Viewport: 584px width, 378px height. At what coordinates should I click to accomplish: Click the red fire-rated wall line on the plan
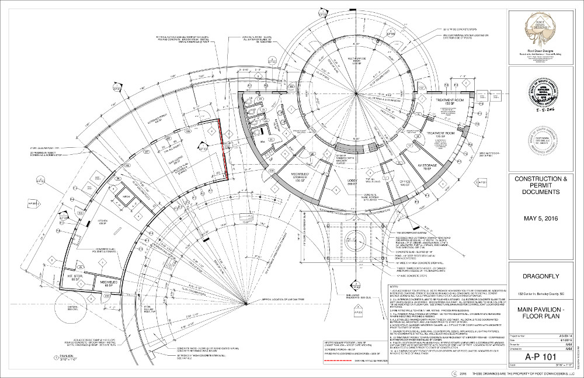[225, 149]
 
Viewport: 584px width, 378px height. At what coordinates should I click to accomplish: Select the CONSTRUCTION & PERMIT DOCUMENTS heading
[536, 184]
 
